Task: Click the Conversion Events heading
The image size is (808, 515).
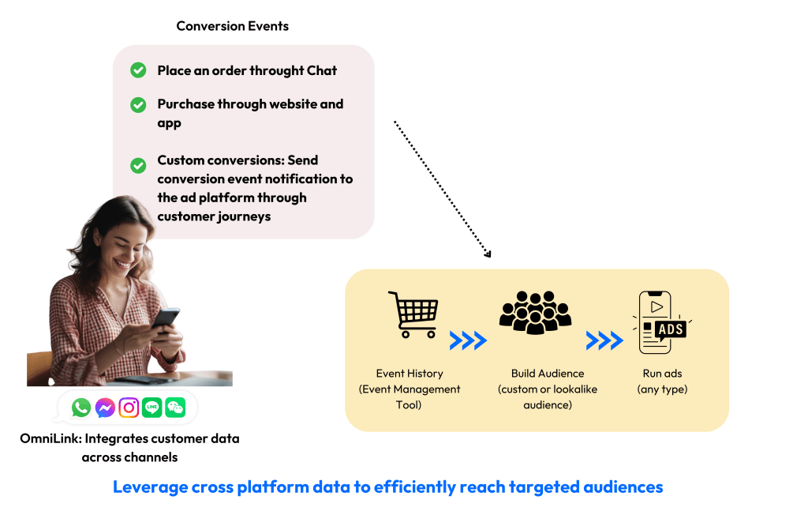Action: (x=232, y=26)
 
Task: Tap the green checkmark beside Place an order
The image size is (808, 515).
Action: (x=138, y=70)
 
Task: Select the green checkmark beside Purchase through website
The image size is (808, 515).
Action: (x=138, y=104)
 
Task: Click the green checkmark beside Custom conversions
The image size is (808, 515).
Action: (x=138, y=165)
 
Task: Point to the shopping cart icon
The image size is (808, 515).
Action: (x=412, y=314)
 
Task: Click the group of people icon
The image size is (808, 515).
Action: (x=534, y=312)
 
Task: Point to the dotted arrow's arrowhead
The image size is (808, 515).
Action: (x=488, y=254)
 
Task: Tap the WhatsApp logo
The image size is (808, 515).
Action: (x=81, y=408)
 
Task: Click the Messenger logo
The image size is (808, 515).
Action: (x=105, y=408)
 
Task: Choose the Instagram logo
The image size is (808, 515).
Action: (x=129, y=408)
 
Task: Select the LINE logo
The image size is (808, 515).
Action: (x=151, y=408)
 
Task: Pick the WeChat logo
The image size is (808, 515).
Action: (x=175, y=408)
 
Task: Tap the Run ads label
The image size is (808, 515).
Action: (x=660, y=374)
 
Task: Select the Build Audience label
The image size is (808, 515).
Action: (x=548, y=374)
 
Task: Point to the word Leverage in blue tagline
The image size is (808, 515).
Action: (x=148, y=487)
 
